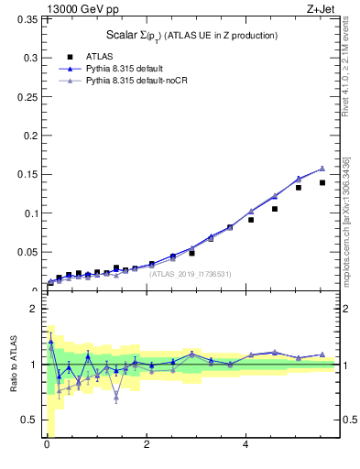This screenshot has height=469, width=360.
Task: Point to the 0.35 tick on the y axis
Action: pos(28,58)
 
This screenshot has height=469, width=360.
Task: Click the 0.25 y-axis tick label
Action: pos(28,136)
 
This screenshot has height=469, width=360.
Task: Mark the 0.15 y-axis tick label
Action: pos(28,174)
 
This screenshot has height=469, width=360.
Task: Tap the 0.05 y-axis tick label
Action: pos(28,252)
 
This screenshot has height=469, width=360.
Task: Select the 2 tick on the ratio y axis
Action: pos(34,309)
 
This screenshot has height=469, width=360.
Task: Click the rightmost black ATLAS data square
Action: pos(322,182)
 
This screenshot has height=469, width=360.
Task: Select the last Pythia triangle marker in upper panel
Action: pos(322,169)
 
